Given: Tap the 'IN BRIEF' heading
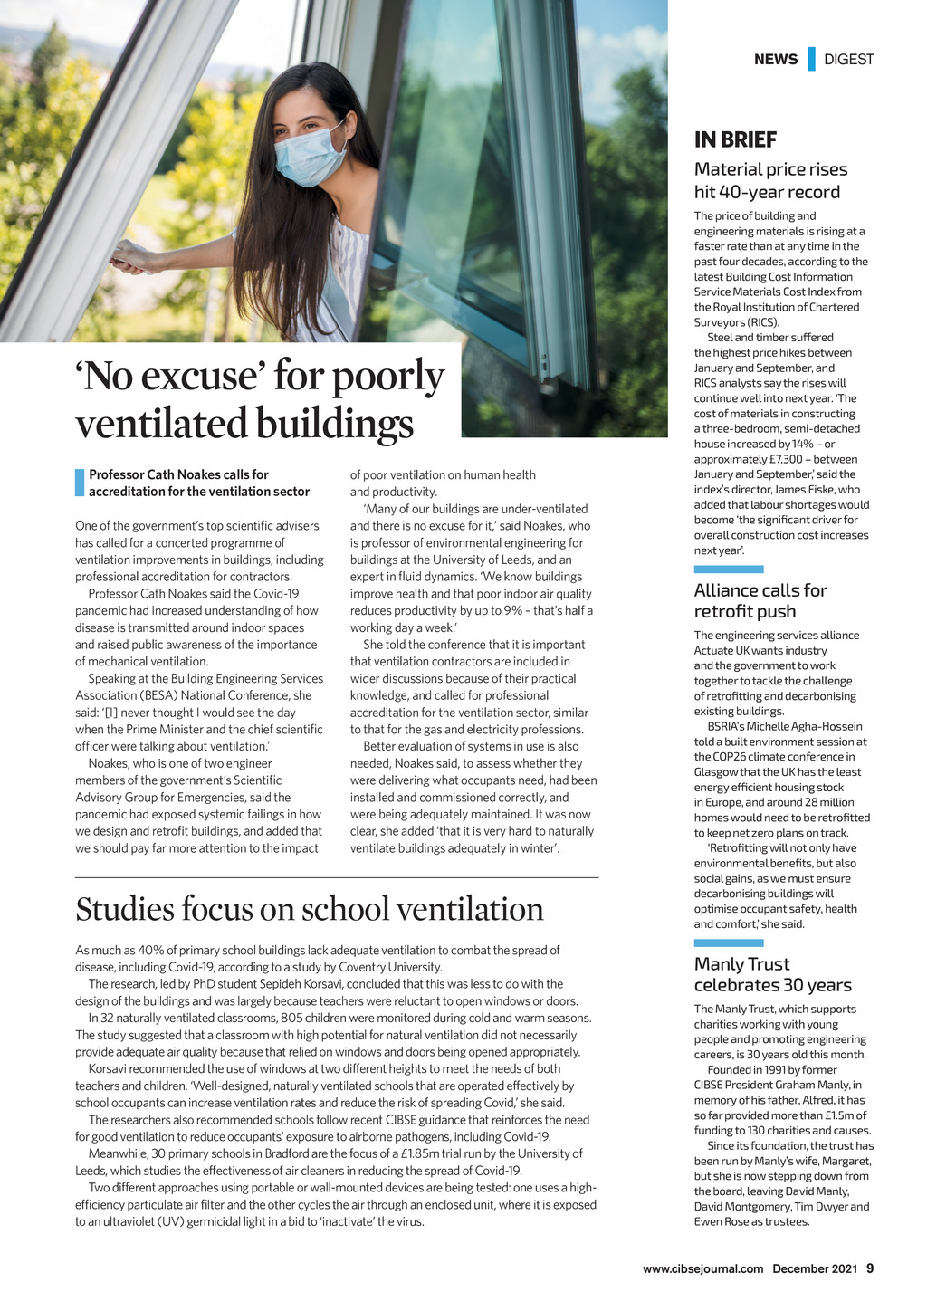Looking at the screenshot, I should (x=735, y=139).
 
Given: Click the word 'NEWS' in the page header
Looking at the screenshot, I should (x=776, y=60).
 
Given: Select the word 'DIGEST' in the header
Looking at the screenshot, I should (x=848, y=60).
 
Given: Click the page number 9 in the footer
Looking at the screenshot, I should (x=870, y=1268).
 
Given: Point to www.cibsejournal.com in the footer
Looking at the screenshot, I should (x=702, y=1268).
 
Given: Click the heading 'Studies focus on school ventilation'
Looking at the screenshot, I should (x=310, y=909).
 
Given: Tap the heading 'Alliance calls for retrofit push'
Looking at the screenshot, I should (x=760, y=600).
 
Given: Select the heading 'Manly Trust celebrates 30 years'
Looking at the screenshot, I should (x=772, y=974).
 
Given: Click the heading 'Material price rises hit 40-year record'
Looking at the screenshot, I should (x=770, y=180).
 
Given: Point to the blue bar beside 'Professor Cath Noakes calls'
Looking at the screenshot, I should (x=80, y=483).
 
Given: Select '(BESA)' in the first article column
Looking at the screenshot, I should (x=139, y=695).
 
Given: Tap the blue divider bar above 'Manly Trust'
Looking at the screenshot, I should (x=728, y=943).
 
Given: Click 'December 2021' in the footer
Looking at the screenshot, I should (x=814, y=1268).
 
